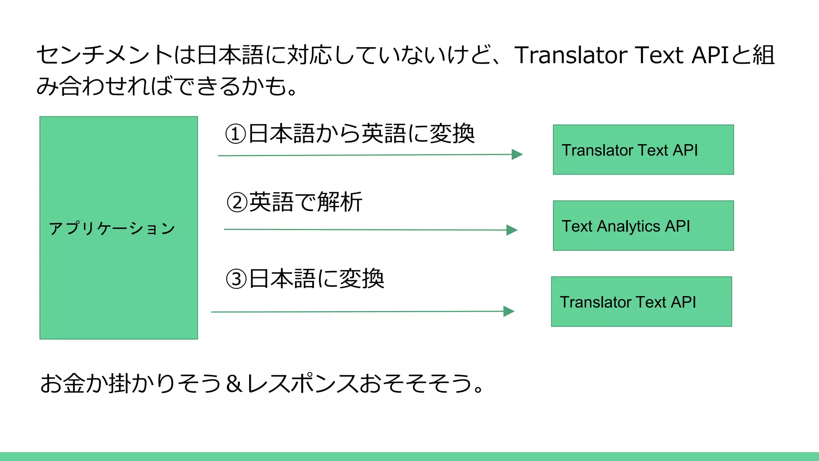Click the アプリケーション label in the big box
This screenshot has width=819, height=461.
(x=112, y=228)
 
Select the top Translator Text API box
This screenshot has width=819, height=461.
(x=643, y=150)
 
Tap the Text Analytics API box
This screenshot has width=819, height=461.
(x=643, y=226)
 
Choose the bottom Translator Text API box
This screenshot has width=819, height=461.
(x=641, y=302)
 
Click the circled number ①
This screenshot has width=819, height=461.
(x=236, y=134)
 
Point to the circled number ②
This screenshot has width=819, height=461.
(x=237, y=202)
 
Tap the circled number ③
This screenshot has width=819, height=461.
(x=237, y=279)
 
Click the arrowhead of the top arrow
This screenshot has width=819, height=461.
(x=517, y=154)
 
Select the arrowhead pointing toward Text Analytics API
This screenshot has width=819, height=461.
(x=512, y=230)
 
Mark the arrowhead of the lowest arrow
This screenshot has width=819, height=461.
(x=509, y=311)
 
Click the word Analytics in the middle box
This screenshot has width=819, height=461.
(x=628, y=226)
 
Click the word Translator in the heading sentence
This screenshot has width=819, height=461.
(x=571, y=55)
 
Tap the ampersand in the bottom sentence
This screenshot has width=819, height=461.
(x=234, y=383)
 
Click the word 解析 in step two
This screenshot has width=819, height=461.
(x=340, y=202)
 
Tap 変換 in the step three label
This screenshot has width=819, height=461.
(x=362, y=279)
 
